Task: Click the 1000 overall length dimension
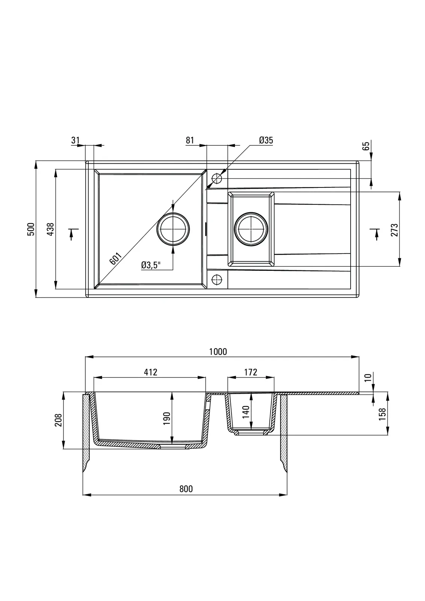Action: tap(218, 352)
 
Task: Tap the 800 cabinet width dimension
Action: tap(186, 489)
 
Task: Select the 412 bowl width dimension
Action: tap(150, 372)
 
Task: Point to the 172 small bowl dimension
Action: tap(251, 372)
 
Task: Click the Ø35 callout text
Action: tap(266, 140)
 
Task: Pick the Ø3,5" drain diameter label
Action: tap(151, 265)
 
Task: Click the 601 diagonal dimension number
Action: tap(116, 259)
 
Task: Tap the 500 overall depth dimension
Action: tap(32, 229)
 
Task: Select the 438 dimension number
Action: tap(51, 229)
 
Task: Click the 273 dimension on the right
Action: tap(394, 230)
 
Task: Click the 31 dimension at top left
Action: tap(75, 140)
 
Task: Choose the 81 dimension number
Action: tap(190, 140)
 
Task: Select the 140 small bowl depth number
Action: tap(246, 412)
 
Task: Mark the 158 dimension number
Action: tap(383, 414)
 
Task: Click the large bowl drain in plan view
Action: tap(174, 229)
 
